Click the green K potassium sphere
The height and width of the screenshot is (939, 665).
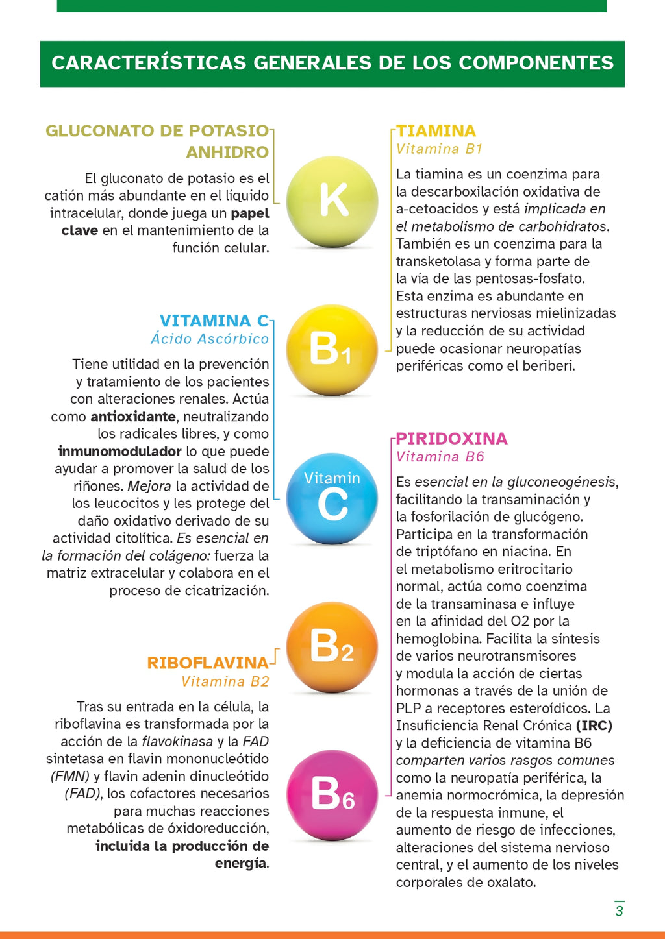pyautogui.click(x=332, y=201)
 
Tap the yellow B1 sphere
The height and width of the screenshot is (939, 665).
pyautogui.click(x=332, y=350)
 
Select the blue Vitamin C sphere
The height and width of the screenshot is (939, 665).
pyautogui.click(x=332, y=498)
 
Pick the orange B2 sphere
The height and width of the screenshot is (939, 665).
pyautogui.click(x=332, y=647)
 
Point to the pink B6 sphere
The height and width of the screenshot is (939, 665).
pyautogui.click(x=332, y=795)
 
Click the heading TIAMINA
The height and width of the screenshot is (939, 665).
pyautogui.click(x=436, y=130)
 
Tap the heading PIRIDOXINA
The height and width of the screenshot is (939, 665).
pyautogui.click(x=451, y=438)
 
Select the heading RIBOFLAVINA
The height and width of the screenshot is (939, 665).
pyautogui.click(x=207, y=663)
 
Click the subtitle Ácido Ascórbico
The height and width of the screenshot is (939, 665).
pyautogui.click(x=209, y=339)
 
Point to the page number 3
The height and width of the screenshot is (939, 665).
pyautogui.click(x=619, y=910)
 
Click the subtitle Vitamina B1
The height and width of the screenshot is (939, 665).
pyautogui.click(x=439, y=149)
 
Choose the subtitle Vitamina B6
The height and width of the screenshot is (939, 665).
pyautogui.click(x=440, y=456)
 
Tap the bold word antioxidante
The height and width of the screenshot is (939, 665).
pyautogui.click(x=133, y=417)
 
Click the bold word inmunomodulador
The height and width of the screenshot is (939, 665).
pyautogui.click(x=119, y=451)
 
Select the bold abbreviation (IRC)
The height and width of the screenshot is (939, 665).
pyautogui.click(x=594, y=726)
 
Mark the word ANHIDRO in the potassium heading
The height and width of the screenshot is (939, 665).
pyautogui.click(x=227, y=152)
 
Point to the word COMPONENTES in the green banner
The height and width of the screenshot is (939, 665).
pyautogui.click(x=536, y=63)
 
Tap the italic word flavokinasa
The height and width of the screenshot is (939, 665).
pyautogui.click(x=177, y=741)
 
